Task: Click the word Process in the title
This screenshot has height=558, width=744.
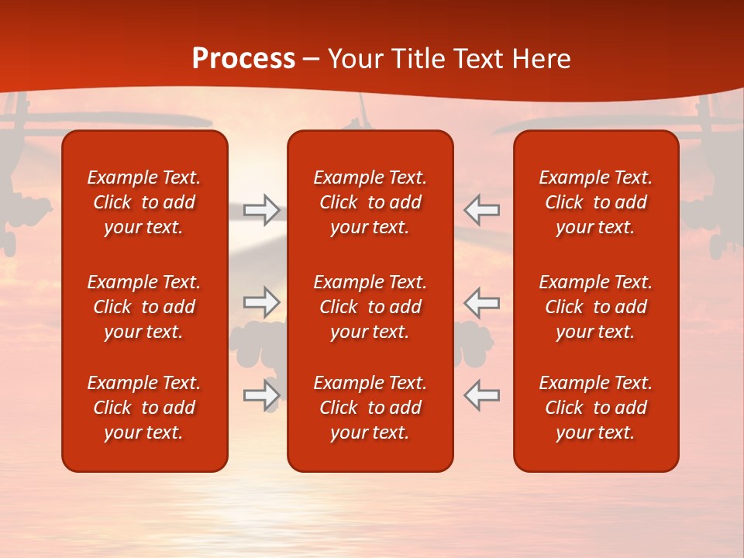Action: tap(243, 59)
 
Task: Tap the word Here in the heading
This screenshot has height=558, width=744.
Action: tap(542, 59)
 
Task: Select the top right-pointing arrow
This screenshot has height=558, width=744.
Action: tap(262, 209)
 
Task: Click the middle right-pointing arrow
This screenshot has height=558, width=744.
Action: tap(262, 302)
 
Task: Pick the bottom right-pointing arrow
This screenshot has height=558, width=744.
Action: tap(262, 395)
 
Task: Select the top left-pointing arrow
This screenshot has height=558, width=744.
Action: tap(482, 209)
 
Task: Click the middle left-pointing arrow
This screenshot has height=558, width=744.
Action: tap(482, 302)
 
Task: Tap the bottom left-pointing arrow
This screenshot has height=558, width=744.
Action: tap(482, 395)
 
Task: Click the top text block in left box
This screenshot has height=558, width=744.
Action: tap(144, 202)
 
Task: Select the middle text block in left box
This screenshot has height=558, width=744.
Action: tap(144, 307)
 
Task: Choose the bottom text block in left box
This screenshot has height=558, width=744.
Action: tap(144, 408)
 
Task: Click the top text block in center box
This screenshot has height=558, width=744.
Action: tap(370, 202)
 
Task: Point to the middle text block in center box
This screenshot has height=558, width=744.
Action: tap(370, 307)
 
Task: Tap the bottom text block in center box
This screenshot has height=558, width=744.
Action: tap(370, 408)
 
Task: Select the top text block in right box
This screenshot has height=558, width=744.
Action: tap(596, 202)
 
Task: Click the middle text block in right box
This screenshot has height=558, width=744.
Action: tap(596, 307)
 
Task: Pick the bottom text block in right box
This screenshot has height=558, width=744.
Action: tap(596, 408)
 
